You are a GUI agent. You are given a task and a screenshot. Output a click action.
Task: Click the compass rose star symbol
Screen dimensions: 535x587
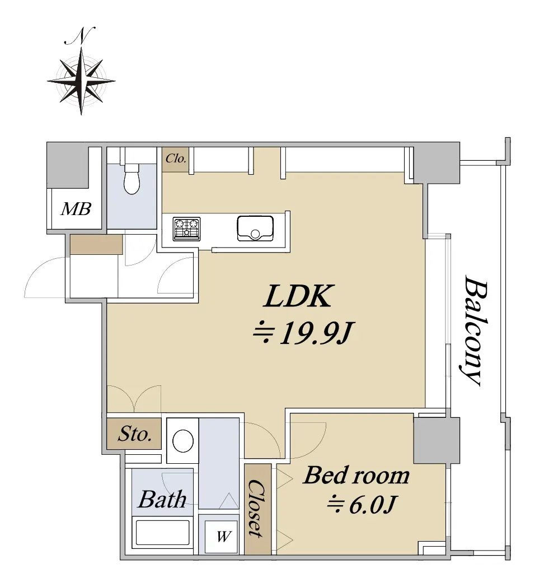pyautogui.click(x=81, y=81)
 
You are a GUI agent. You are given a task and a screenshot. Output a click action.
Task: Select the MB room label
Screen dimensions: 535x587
pyautogui.click(x=76, y=209)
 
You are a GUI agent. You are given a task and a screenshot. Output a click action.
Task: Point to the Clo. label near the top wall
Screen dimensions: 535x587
pyautogui.click(x=176, y=159)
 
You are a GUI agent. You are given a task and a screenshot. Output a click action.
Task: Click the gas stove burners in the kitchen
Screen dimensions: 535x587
pyautogui.click(x=187, y=229)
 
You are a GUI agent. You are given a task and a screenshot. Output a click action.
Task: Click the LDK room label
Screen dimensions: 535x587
pyautogui.click(x=298, y=296)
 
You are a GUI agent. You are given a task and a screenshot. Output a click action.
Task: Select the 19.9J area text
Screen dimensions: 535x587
pyautogui.click(x=303, y=333)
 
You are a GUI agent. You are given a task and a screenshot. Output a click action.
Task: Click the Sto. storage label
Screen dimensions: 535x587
pyautogui.click(x=135, y=434)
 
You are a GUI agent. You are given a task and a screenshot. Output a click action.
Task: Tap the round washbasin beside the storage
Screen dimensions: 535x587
pyautogui.click(x=183, y=440)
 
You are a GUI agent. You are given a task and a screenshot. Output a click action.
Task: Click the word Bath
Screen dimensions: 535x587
pyautogui.click(x=162, y=499)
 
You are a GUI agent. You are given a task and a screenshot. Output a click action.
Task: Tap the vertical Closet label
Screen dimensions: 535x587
pyautogui.click(x=257, y=509)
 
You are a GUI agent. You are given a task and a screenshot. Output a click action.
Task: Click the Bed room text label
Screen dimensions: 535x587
pyautogui.click(x=356, y=476)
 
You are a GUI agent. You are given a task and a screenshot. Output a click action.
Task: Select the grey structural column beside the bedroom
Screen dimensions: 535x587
pyautogui.click(x=437, y=441)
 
